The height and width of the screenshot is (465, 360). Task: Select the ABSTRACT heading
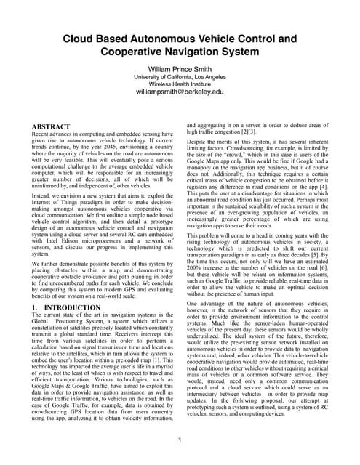click(51, 127)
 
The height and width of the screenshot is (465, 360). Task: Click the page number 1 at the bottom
click(180, 440)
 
